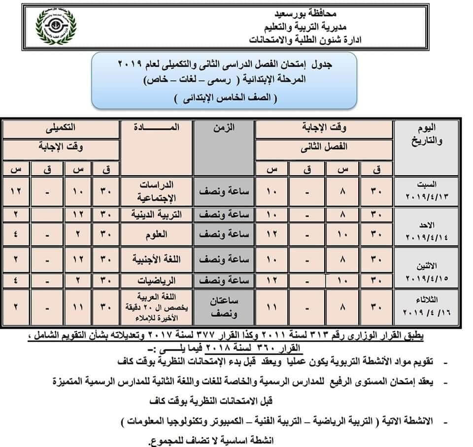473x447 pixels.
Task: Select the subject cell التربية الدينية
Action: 157,215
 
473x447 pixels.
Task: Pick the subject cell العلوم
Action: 157,236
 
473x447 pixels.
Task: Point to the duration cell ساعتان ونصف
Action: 224,308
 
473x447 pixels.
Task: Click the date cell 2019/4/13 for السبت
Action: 427,191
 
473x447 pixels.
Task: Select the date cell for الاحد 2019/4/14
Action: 427,229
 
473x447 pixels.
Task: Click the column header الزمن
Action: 224,128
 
